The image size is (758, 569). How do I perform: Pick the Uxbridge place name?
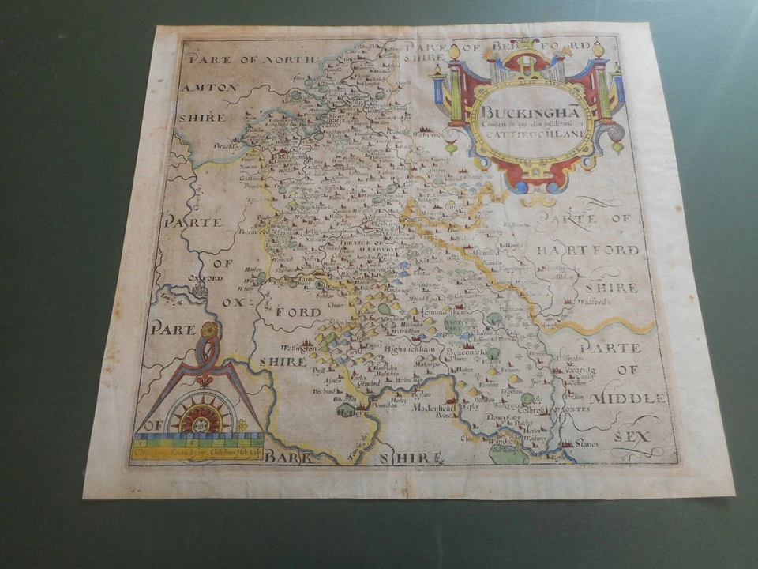[x=579, y=371]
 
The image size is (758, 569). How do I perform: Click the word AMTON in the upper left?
[x=208, y=87]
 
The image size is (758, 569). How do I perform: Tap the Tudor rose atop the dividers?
[x=208, y=331]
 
